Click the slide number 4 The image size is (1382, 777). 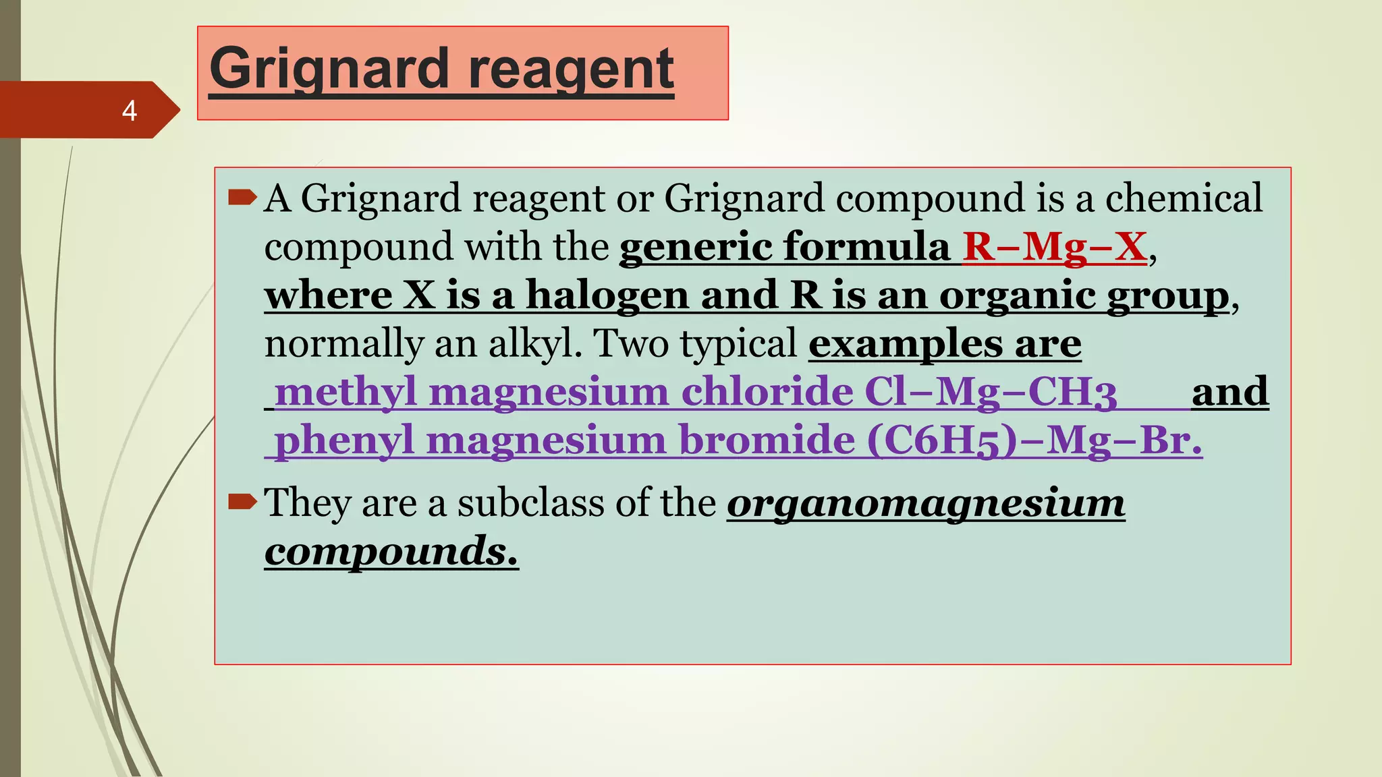(x=130, y=111)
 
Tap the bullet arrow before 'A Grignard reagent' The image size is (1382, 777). (x=242, y=198)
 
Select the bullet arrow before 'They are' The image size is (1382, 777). (x=242, y=501)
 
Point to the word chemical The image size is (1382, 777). (x=1183, y=198)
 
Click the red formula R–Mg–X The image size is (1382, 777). (x=1054, y=246)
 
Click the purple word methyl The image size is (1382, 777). (x=345, y=392)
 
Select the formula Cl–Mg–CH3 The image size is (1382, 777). (x=991, y=393)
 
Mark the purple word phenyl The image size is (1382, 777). (x=344, y=441)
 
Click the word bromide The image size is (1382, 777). (x=767, y=440)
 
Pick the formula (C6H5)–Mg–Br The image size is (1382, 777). (x=1034, y=441)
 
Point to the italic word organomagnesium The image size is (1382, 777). (x=926, y=504)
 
